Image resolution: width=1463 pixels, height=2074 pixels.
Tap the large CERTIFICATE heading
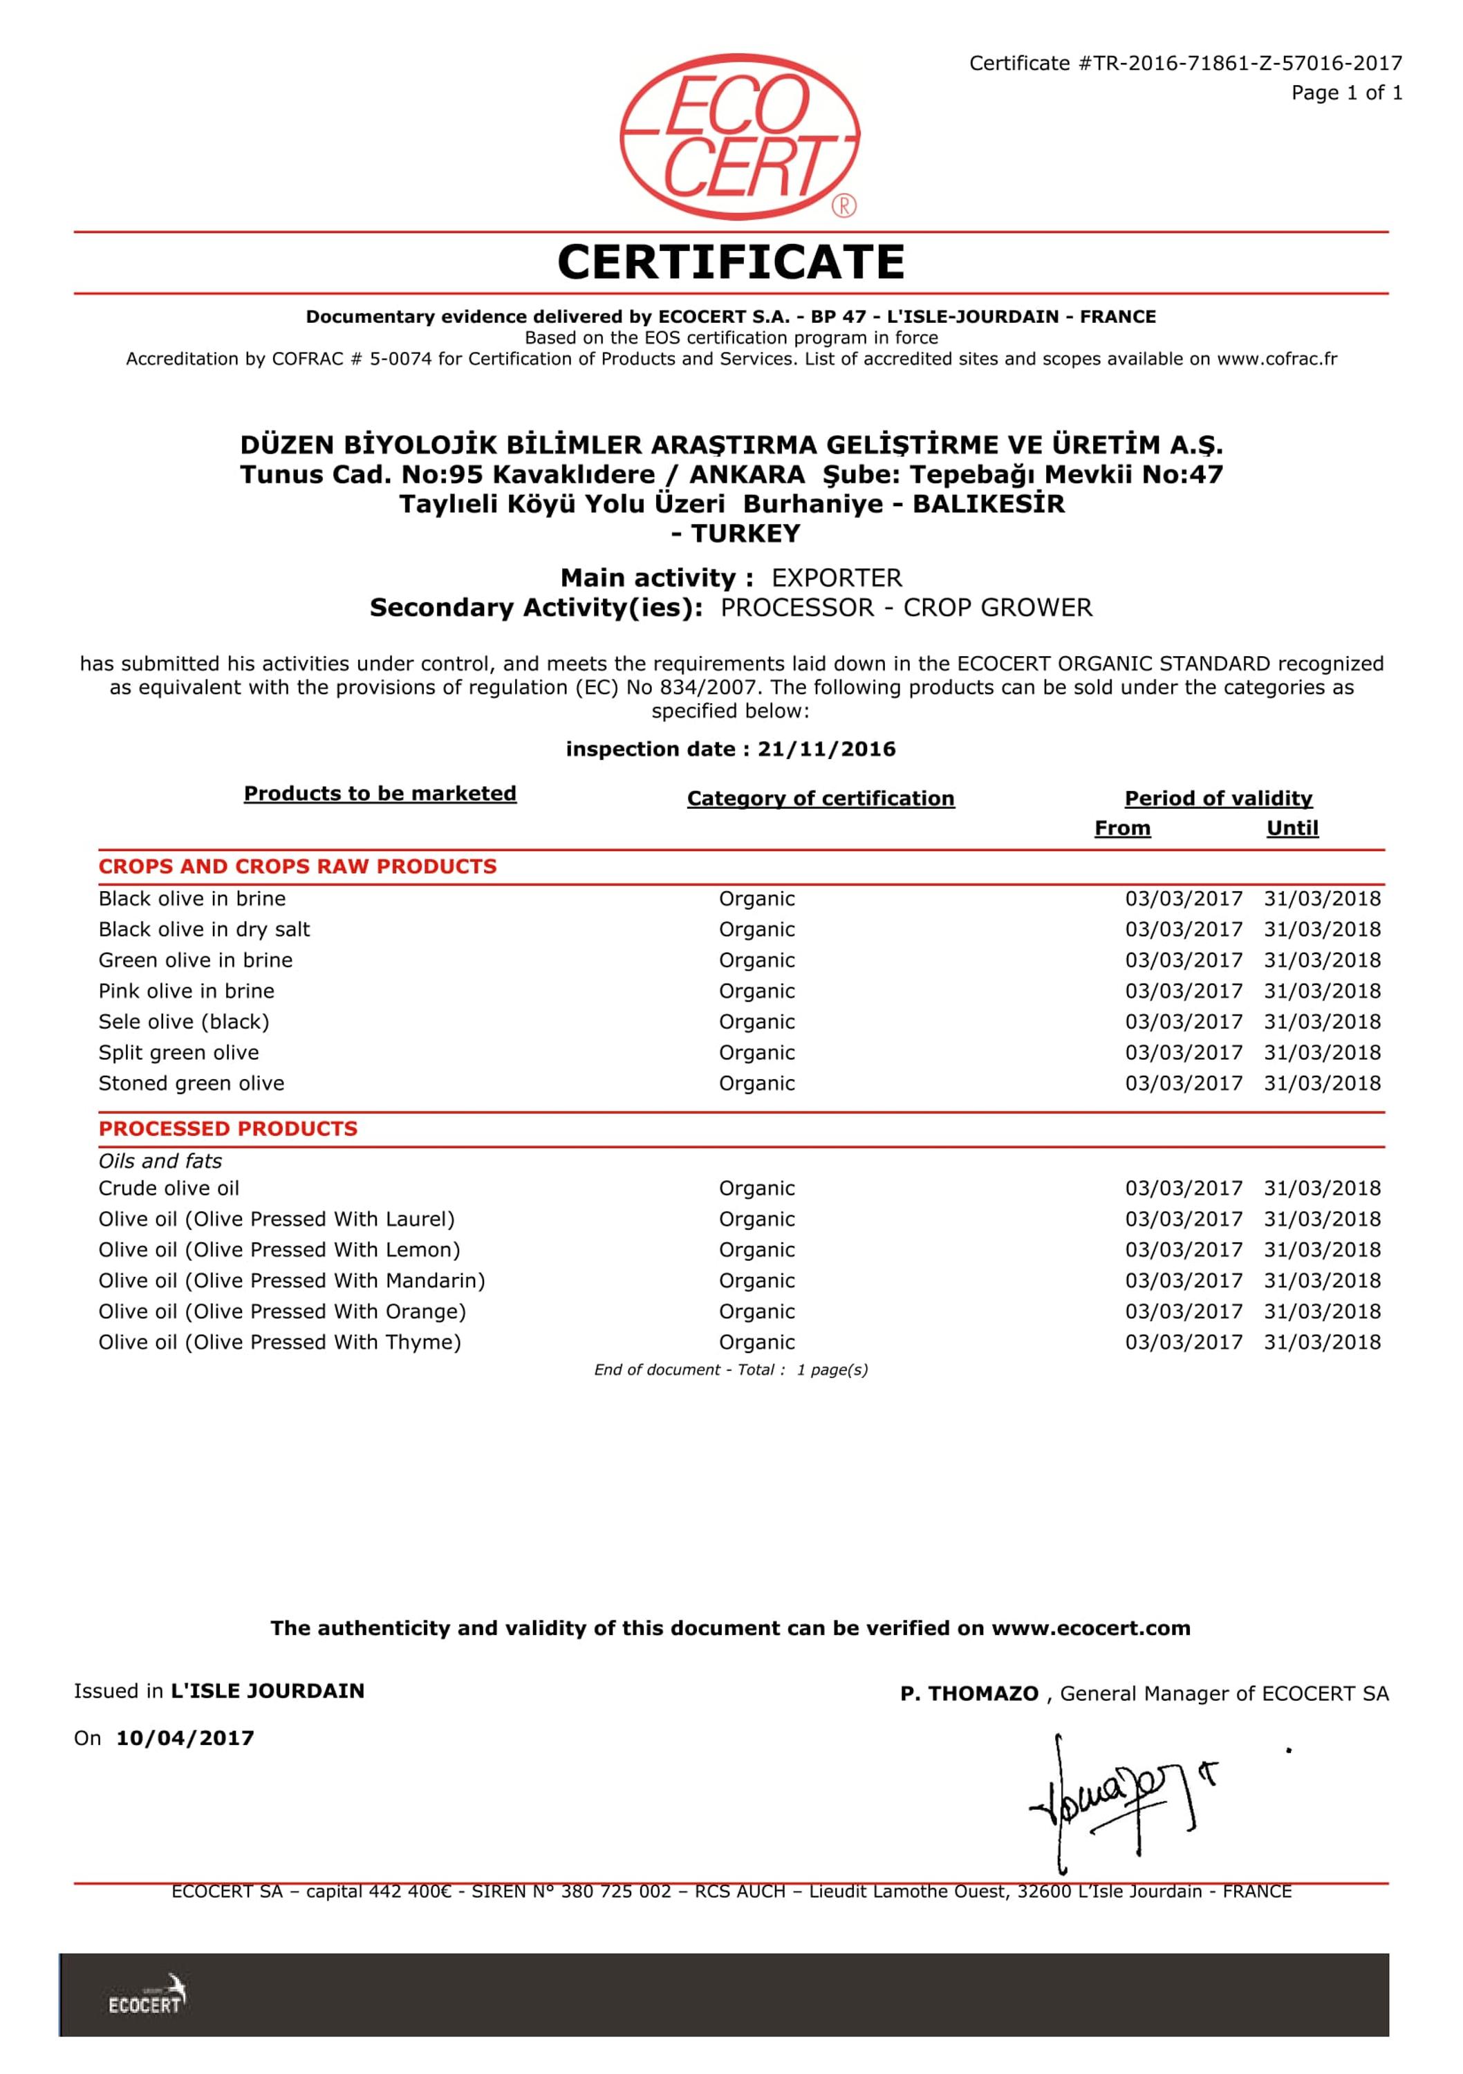coord(730,262)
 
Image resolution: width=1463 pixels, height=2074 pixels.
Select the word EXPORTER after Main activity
coord(836,578)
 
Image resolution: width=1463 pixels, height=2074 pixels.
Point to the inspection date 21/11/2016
coord(826,749)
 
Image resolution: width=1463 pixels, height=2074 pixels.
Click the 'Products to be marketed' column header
coord(380,793)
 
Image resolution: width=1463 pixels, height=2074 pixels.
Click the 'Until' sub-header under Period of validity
coord(1292,828)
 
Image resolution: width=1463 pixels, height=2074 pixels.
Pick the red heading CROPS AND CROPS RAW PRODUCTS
coord(297,866)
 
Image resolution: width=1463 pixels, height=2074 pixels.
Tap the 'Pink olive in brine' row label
coord(186,991)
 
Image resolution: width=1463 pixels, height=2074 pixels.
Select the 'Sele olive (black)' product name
coord(183,1022)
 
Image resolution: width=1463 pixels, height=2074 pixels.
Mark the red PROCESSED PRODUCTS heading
coord(227,1128)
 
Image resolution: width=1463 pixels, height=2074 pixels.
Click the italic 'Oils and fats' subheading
coord(160,1161)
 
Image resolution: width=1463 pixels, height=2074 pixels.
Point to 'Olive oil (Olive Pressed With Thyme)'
coord(279,1343)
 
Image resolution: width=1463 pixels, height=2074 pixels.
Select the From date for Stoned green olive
coord(1183,1083)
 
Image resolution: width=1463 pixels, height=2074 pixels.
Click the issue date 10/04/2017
coord(185,1738)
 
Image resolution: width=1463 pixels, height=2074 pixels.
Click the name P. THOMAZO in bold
coord(969,1694)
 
